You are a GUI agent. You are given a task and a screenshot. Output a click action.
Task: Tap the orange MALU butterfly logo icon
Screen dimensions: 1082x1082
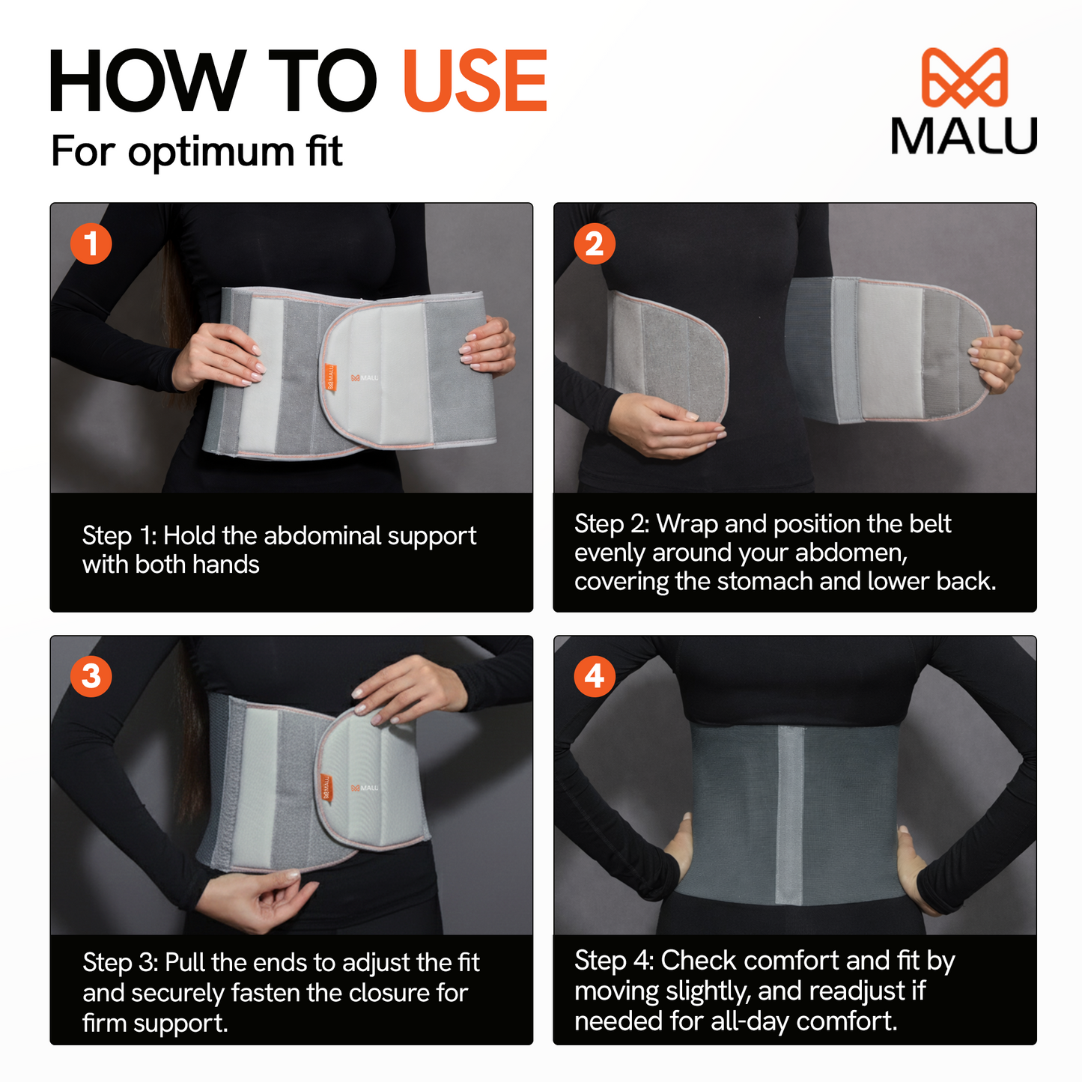[x=964, y=77]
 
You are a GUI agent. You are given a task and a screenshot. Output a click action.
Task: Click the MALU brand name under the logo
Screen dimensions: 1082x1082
[x=964, y=136]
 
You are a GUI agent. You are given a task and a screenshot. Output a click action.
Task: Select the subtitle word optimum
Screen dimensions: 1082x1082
[x=211, y=152]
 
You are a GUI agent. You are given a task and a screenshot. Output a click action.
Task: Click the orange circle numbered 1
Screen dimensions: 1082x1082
[x=91, y=243]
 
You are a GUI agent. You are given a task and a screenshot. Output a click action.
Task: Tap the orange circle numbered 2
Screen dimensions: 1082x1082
[x=595, y=243]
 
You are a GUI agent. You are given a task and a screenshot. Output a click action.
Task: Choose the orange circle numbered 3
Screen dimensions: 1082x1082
[x=91, y=676]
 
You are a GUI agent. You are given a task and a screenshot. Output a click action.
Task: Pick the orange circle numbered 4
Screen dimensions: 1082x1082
[x=595, y=676]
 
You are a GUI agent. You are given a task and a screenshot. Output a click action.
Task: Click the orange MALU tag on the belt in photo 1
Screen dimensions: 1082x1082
[x=328, y=377]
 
